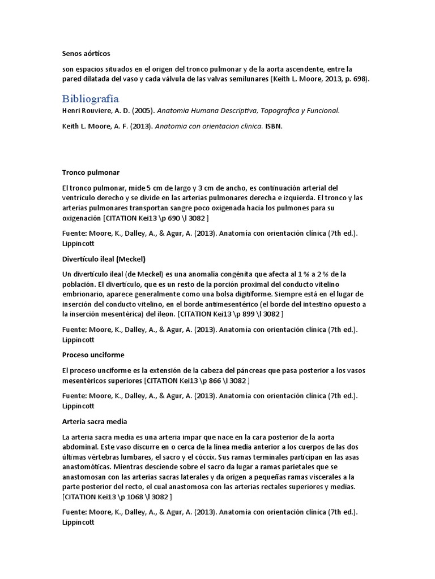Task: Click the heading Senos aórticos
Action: [x=86, y=54]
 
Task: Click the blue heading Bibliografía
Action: [x=90, y=98]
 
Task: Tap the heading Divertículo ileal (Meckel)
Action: [x=104, y=259]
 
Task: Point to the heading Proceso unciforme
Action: [x=93, y=355]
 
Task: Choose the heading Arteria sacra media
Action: [x=95, y=421]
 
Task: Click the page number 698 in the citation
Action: [x=360, y=79]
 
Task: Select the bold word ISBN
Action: [x=273, y=126]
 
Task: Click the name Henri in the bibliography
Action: [x=72, y=111]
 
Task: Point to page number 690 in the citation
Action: [x=174, y=218]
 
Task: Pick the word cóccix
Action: [x=230, y=456]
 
